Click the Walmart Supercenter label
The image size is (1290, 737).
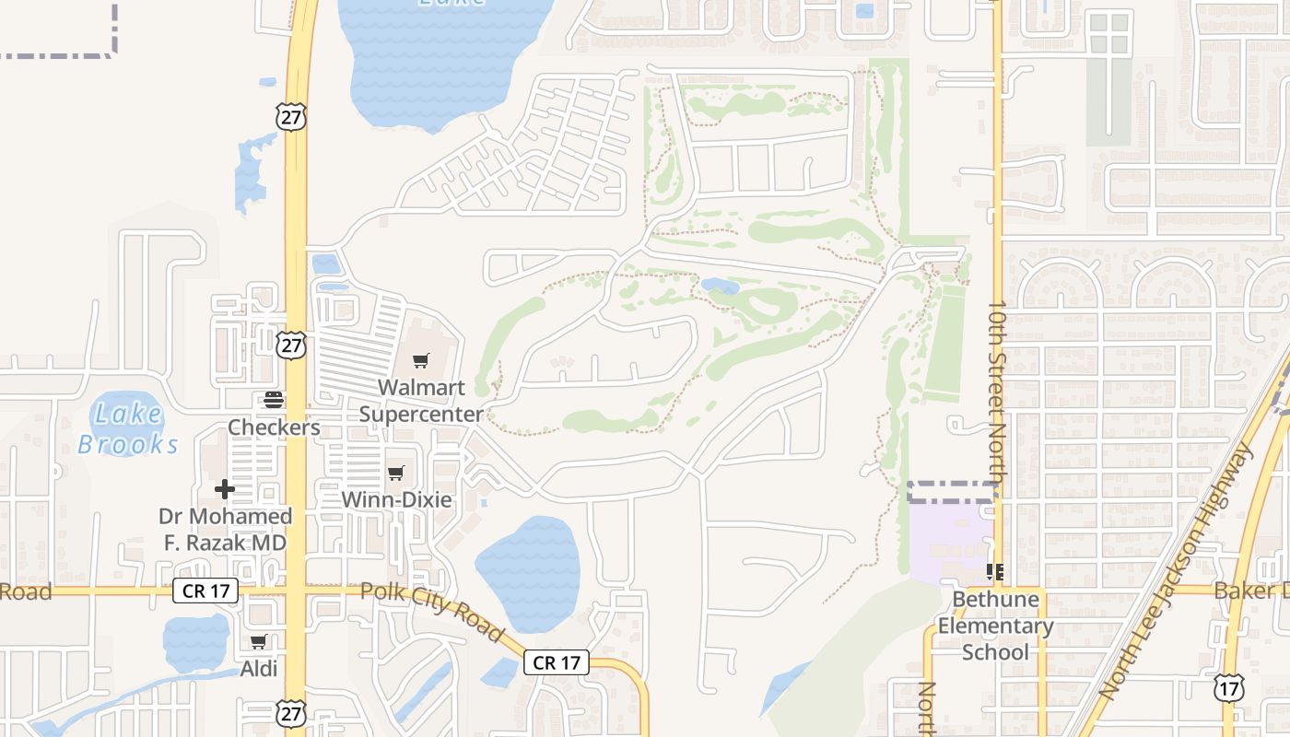pyautogui.click(x=421, y=401)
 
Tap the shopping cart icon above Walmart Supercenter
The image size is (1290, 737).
pyautogui.click(x=421, y=360)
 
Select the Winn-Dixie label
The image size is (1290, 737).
pyautogui.click(x=396, y=500)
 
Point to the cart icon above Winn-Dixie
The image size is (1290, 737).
pyautogui.click(x=396, y=474)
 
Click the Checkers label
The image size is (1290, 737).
pyautogui.click(x=274, y=427)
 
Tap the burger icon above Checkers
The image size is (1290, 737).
pyautogui.click(x=274, y=400)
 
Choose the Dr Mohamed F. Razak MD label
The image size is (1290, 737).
pyautogui.click(x=225, y=530)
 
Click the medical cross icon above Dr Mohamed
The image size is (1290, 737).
pyautogui.click(x=225, y=489)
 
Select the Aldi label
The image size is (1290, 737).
pyautogui.click(x=259, y=669)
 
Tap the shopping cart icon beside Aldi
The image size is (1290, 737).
pyautogui.click(x=259, y=642)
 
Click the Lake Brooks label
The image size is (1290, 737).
pyautogui.click(x=128, y=429)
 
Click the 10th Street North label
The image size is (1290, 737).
pyautogui.click(x=996, y=391)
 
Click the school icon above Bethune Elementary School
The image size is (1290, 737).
pyautogui.click(x=995, y=572)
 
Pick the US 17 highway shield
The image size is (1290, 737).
pyautogui.click(x=1228, y=687)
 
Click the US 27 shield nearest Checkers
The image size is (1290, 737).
pyautogui.click(x=291, y=345)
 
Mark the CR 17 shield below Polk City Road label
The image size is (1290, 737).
pyautogui.click(x=557, y=662)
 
